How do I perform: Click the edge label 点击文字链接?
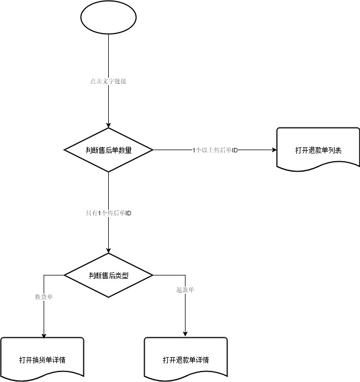[x=108, y=81]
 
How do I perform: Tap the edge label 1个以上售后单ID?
[x=215, y=150]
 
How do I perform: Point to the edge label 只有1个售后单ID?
[x=108, y=213]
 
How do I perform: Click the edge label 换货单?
[x=44, y=297]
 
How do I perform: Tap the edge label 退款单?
[x=185, y=290]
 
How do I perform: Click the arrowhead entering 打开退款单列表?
[x=273, y=150]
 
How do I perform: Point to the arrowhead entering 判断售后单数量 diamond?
[x=108, y=125]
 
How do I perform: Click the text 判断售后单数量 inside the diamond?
[x=108, y=150]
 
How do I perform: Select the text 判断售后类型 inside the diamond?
[x=108, y=274]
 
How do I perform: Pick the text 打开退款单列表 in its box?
[x=318, y=150]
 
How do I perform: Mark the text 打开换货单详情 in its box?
[x=43, y=360]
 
